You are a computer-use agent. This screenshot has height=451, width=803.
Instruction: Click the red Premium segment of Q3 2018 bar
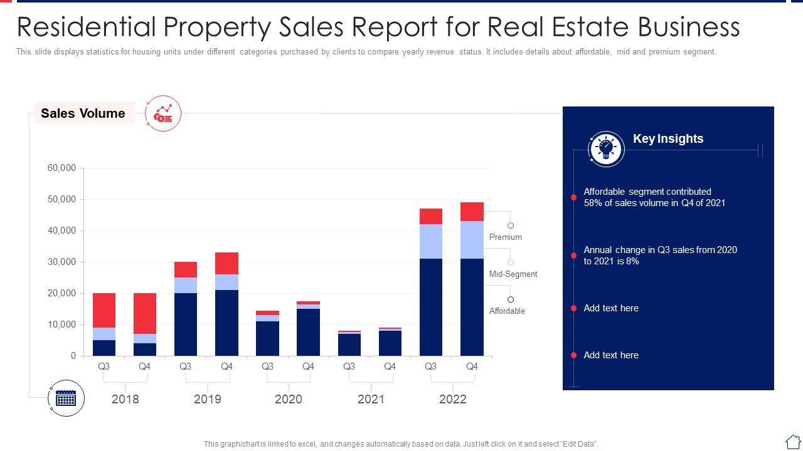[104, 310]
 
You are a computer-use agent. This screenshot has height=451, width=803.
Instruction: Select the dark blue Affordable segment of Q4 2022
[472, 307]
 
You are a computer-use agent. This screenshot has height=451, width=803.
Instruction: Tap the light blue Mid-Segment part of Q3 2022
[431, 241]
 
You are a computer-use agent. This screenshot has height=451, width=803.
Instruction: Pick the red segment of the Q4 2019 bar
[226, 263]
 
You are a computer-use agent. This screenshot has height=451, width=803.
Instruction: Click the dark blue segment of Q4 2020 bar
[308, 332]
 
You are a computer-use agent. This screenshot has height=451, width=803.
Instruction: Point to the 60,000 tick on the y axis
[61, 168]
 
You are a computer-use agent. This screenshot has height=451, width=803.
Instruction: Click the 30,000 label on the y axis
[61, 262]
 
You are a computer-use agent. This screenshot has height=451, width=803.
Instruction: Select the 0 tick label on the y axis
[73, 356]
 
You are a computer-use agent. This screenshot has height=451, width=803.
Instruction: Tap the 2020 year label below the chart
[289, 399]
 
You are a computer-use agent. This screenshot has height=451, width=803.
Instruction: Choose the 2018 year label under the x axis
[125, 399]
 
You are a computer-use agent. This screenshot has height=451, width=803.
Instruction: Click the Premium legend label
[506, 237]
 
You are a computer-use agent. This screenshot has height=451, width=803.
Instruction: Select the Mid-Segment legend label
[513, 274]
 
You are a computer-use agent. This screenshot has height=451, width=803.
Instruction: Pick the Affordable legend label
[507, 311]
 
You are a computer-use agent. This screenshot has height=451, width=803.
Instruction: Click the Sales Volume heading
[83, 113]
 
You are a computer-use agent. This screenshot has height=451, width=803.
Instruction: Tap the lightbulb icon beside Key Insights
[606, 148]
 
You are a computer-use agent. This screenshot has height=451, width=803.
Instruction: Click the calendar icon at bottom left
[66, 398]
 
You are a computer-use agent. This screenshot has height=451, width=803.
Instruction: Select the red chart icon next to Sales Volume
[163, 113]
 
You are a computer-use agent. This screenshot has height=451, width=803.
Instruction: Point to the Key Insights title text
[668, 139]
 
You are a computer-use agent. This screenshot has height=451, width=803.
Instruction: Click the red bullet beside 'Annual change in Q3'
[573, 256]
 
